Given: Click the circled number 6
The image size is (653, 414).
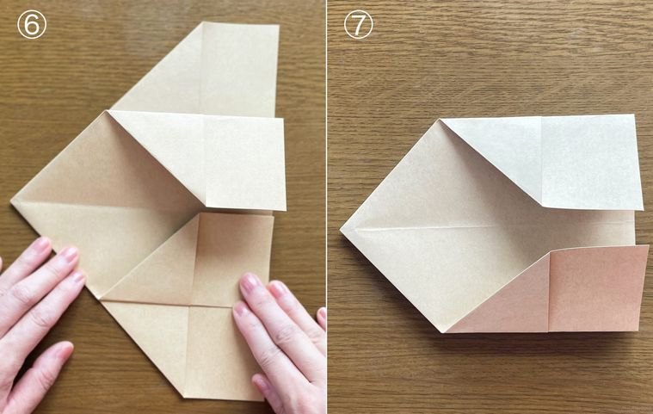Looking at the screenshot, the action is point(32,25).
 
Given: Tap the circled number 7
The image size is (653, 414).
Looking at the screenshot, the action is point(358,25).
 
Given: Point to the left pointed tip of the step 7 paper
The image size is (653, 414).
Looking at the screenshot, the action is point(341,230).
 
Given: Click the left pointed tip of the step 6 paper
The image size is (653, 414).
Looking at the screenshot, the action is point(11,203).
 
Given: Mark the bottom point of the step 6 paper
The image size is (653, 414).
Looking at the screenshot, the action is point(183,398).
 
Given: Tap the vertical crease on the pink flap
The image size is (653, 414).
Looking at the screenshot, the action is point(550,292).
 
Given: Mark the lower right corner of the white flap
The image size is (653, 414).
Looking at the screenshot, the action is point(644,210).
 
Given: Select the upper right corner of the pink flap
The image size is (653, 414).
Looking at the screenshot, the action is point(649,246).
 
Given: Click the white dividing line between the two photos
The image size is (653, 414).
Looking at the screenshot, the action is point(327,207).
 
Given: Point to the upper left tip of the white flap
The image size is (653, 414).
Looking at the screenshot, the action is point(440,119).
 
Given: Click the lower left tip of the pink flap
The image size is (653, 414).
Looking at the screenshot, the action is point(446,332).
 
